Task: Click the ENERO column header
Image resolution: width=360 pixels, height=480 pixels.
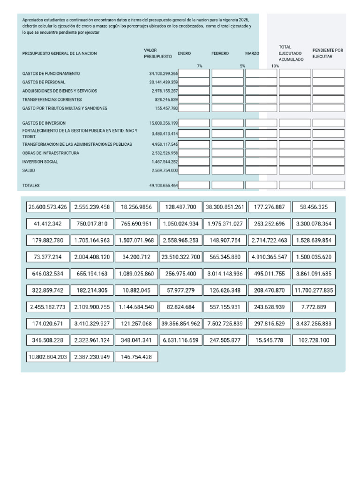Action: pyautogui.click(x=184, y=53)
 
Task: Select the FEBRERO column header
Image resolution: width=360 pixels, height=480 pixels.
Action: pyautogui.click(x=220, y=53)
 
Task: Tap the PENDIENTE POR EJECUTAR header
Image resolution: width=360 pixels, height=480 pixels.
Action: pyautogui.click(x=328, y=53)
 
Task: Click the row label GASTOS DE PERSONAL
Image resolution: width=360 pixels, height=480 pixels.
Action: pyautogui.click(x=44, y=82)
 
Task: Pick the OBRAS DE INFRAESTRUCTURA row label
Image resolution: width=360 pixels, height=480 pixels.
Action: pyautogui.click(x=51, y=153)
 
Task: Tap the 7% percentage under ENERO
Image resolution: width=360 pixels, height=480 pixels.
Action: pyautogui.click(x=200, y=66)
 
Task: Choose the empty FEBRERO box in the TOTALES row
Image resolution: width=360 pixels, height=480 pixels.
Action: pyautogui.click(x=227, y=185)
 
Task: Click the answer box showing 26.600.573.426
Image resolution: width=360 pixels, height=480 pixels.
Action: pyautogui.click(x=48, y=207)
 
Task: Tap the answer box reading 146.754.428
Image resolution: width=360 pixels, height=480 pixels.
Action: pyautogui.click(x=136, y=357)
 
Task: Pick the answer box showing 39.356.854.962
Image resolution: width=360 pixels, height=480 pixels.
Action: pyautogui.click(x=180, y=324)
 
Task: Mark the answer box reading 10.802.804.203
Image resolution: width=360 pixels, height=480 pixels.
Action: pyautogui.click(x=48, y=357)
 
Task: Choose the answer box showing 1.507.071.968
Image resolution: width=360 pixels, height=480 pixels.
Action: pyautogui.click(x=136, y=240)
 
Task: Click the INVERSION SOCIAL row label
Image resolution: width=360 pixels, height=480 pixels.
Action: pyautogui.click(x=40, y=162)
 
